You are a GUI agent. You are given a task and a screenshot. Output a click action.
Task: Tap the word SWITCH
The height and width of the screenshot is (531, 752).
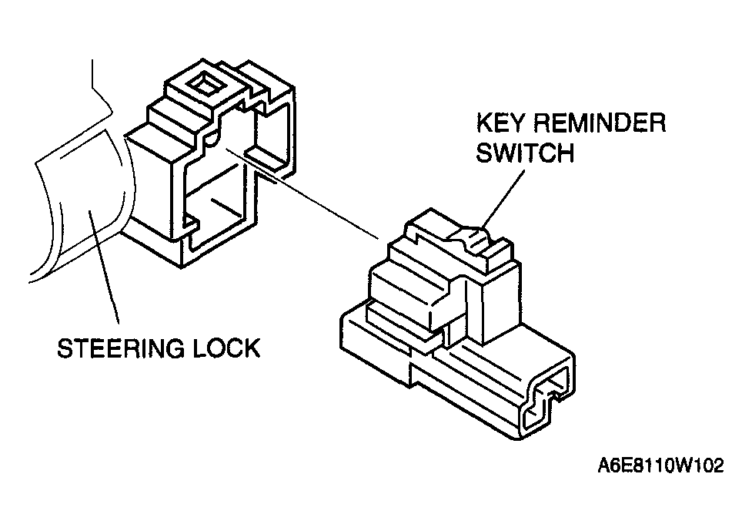coord(525,153)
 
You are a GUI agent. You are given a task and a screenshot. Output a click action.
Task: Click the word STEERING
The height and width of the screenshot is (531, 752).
coord(115,348)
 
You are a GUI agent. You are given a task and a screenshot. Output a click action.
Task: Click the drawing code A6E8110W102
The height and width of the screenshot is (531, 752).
coord(660,467)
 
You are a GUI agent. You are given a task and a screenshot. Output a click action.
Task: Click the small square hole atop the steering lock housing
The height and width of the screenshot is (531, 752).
coord(204,83)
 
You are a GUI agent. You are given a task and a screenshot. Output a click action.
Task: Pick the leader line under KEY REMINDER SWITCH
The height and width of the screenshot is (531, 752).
coord(504,197)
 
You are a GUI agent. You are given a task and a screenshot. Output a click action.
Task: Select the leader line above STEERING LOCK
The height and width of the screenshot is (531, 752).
coord(104,270)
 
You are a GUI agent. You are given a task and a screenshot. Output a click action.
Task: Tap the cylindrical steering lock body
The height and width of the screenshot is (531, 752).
coord(73,208)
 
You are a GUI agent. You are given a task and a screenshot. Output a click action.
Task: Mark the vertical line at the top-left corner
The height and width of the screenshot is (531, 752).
coord(94,77)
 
